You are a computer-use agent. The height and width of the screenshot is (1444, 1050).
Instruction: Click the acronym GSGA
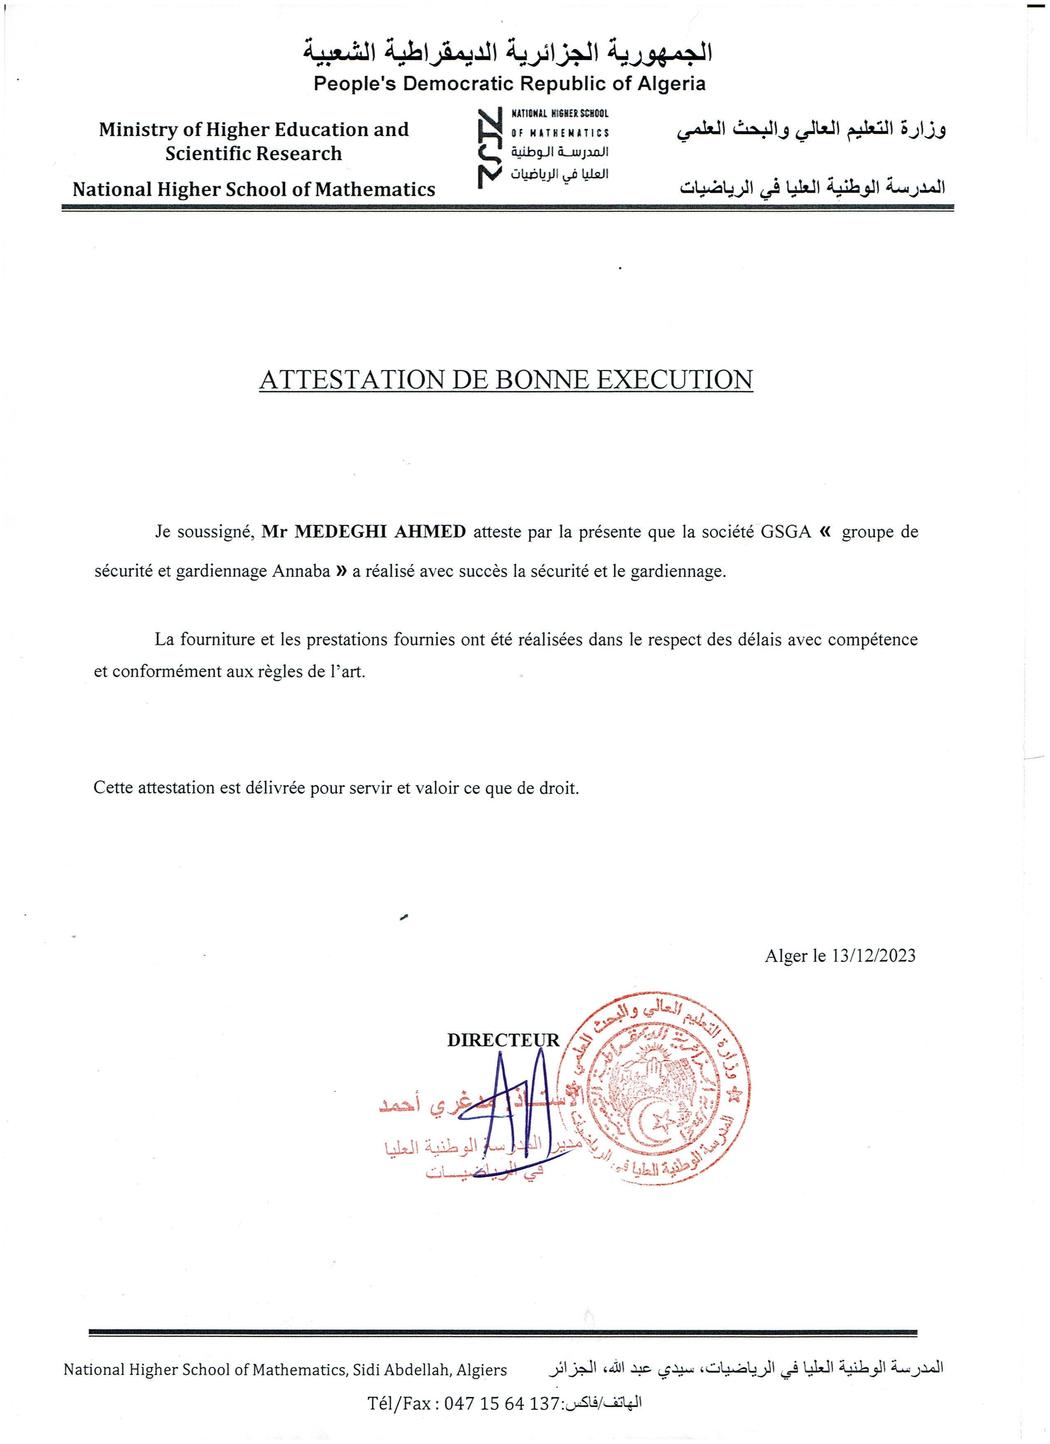click(785, 531)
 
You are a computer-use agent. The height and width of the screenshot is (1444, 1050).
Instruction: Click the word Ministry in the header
click(138, 129)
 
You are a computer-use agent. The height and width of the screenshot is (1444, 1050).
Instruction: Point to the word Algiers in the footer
click(481, 1369)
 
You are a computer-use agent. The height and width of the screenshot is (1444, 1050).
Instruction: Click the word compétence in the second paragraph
click(873, 639)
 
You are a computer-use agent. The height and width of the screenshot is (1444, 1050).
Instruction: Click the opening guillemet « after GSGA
click(825, 530)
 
